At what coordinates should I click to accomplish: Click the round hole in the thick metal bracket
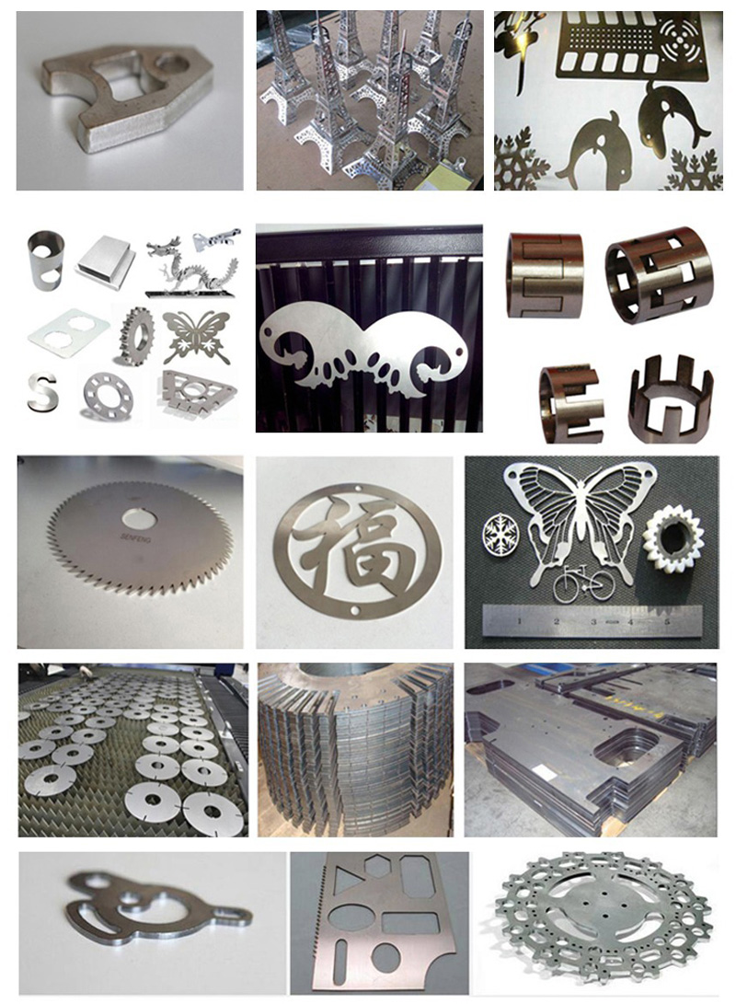[172, 65]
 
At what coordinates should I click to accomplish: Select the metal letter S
[40, 390]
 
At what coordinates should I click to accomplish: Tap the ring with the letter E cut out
[569, 402]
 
